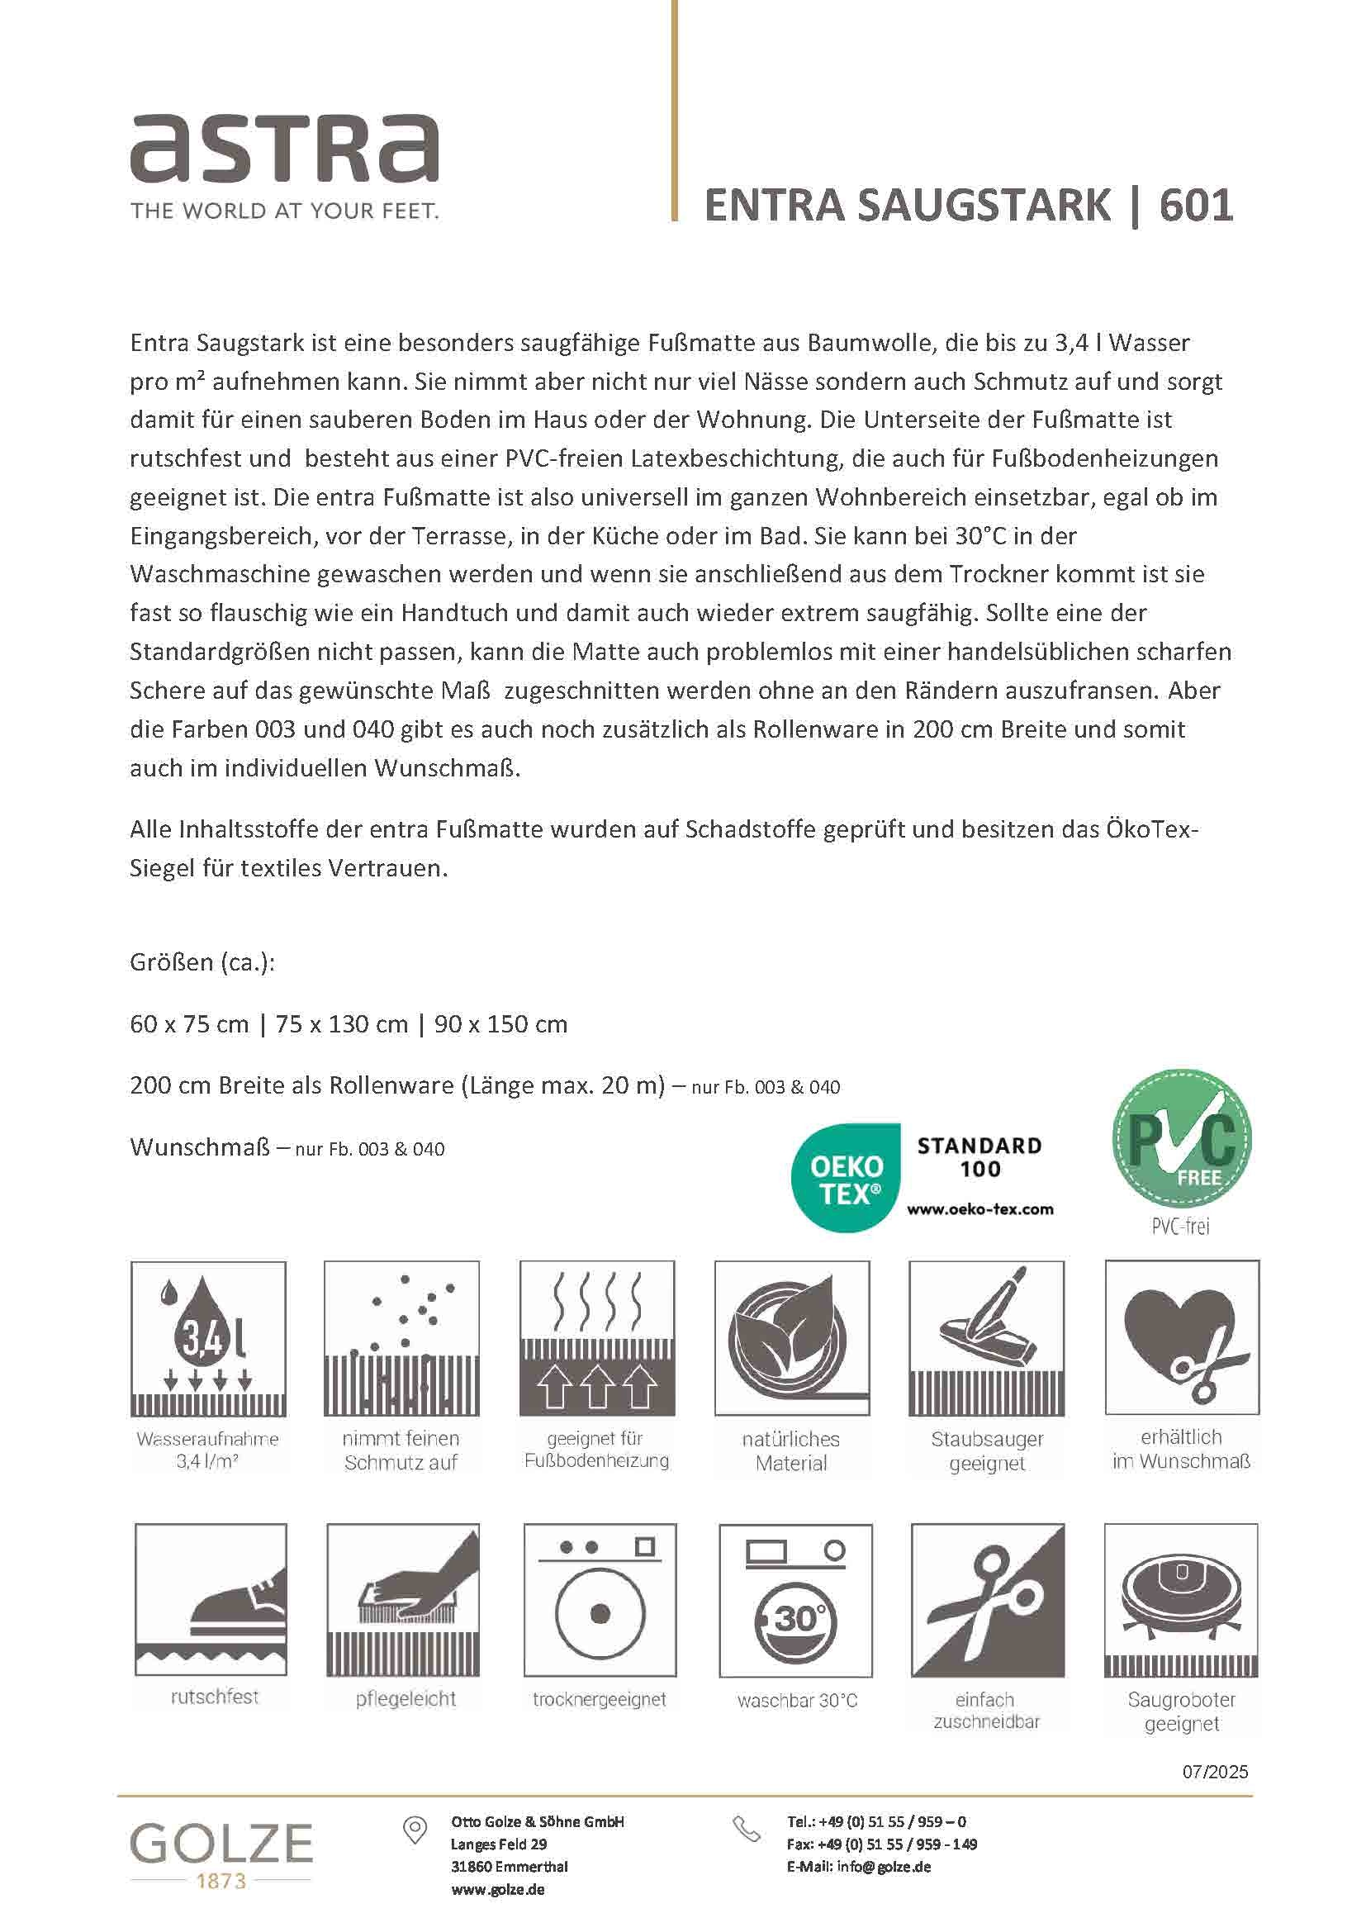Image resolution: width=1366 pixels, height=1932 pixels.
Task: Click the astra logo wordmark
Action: tap(284, 148)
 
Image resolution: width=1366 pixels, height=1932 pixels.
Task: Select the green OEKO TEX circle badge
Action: tap(846, 1178)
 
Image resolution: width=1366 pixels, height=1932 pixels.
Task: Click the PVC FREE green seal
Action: tap(1181, 1140)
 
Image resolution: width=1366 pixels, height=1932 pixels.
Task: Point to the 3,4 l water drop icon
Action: tap(208, 1337)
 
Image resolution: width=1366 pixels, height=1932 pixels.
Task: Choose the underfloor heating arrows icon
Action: tap(596, 1337)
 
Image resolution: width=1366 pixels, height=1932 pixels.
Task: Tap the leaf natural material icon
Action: tap(791, 1337)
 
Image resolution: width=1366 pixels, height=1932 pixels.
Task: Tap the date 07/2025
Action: tap(1215, 1771)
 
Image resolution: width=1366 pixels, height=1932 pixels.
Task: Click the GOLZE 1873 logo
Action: tap(221, 1855)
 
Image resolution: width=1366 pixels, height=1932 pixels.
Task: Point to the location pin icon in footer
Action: tap(415, 1830)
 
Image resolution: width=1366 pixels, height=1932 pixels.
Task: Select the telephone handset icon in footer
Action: tap(745, 1829)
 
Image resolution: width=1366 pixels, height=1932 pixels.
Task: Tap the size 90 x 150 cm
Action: tap(500, 1024)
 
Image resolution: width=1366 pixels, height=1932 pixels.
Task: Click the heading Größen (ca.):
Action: tap(202, 961)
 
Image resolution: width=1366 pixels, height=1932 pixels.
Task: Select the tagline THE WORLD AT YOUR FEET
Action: tap(284, 211)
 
